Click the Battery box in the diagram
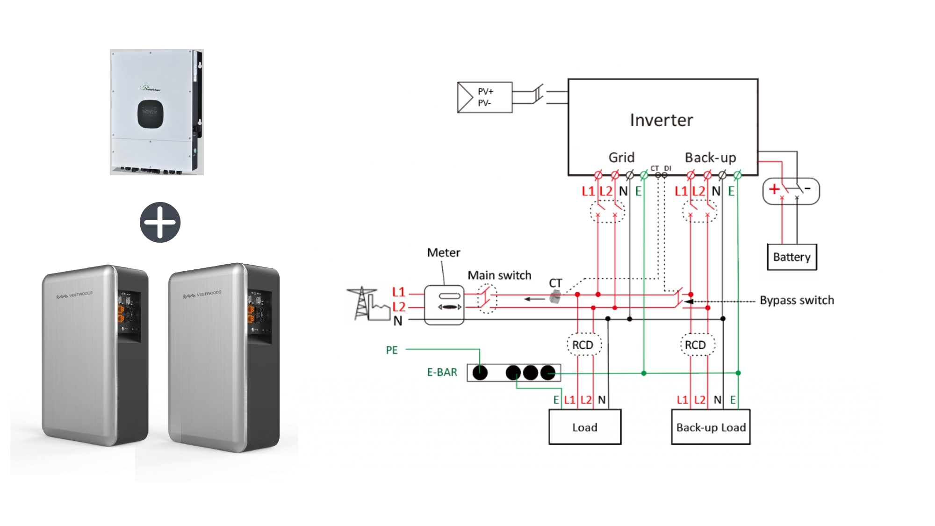(791, 257)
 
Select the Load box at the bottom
(584, 427)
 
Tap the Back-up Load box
(711, 427)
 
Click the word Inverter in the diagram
(661, 120)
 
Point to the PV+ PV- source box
(484, 97)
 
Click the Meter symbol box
(444, 305)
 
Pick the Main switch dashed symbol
(487, 299)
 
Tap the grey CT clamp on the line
(555, 296)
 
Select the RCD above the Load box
(583, 345)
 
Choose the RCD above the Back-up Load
(695, 345)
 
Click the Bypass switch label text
(797, 300)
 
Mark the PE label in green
(392, 350)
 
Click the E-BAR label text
(442, 372)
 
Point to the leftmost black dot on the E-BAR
(480, 373)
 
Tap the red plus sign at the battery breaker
(774, 189)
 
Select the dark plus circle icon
(160, 222)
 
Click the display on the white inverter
(150, 113)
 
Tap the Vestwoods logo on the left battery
(75, 295)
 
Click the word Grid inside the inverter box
(621, 158)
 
